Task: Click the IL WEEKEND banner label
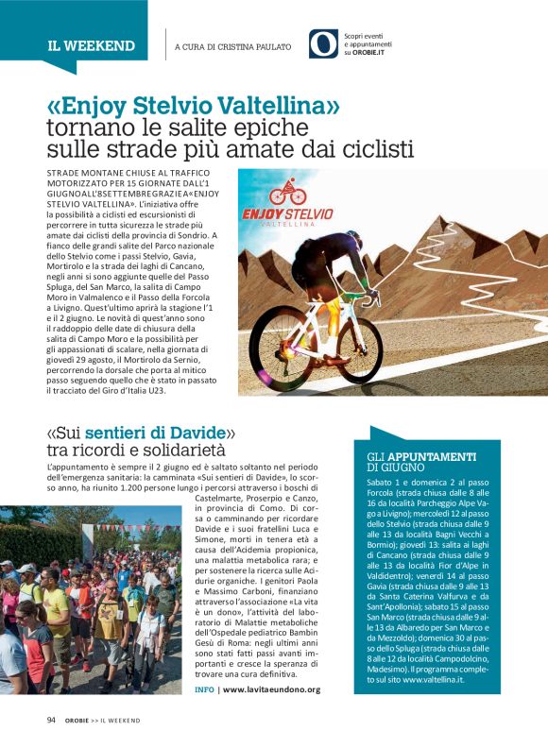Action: pos(92,45)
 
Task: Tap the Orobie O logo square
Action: pos(322,43)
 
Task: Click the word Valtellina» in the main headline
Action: pos(279,104)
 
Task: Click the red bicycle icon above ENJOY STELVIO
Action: pos(287,191)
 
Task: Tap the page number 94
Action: pos(51,720)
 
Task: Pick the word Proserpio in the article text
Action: pos(266,496)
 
